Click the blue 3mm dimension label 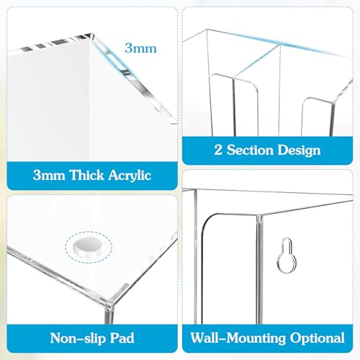[x=140, y=48]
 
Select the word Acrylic [x=130, y=175]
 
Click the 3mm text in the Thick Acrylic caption [x=49, y=175]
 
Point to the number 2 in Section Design [x=218, y=150]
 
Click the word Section [x=251, y=150]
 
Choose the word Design [x=300, y=150]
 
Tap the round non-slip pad [x=88, y=247]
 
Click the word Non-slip [x=78, y=338]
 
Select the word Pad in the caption [x=122, y=338]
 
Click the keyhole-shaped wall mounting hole [x=287, y=256]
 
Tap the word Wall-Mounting [x=238, y=338]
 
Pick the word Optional [x=318, y=338]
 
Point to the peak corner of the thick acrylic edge [x=91, y=33]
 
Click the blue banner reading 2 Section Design [x=267, y=150]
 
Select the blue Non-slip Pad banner [x=92, y=338]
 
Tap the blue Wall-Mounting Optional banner [x=267, y=338]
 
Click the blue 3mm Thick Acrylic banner [x=92, y=176]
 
